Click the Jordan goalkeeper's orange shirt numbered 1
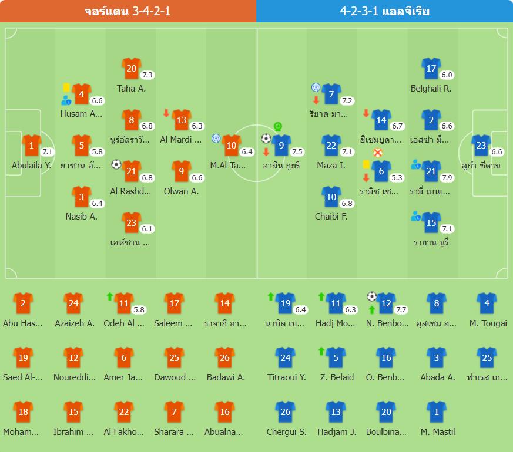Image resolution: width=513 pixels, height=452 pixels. coord(31,146)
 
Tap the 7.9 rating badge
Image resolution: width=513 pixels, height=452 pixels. coord(447,177)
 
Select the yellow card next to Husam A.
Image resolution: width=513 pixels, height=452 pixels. coord(66,87)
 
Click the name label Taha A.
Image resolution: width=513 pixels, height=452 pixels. coord(131,89)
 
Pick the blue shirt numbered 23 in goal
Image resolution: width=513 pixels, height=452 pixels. coord(481,146)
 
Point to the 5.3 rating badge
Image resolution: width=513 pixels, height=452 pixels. coord(397,177)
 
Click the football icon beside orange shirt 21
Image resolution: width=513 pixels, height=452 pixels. coord(116,164)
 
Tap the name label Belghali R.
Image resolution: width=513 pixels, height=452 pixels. coord(431,89)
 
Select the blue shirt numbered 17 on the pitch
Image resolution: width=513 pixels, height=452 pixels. coord(431,69)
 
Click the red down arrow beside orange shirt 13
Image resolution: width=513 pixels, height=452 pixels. coord(166,113)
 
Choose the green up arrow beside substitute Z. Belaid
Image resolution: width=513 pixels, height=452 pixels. coord(321,351)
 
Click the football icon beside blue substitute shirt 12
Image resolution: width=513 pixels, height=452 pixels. coord(371,296)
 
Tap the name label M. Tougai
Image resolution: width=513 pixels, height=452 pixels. coord(488,323)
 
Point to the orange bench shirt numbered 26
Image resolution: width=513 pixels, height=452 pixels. coord(224,358)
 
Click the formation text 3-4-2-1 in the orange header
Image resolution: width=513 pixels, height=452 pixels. coord(152,11)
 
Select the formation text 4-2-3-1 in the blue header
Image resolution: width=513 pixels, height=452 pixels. coord(359,11)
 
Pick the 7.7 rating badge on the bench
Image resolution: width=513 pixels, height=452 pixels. coord(401,309)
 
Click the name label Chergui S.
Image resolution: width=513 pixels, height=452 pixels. coord(287,432)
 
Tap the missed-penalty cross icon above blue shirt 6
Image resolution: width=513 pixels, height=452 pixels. coord(378,153)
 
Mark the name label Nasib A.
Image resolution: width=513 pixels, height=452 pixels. coord(82,217)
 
